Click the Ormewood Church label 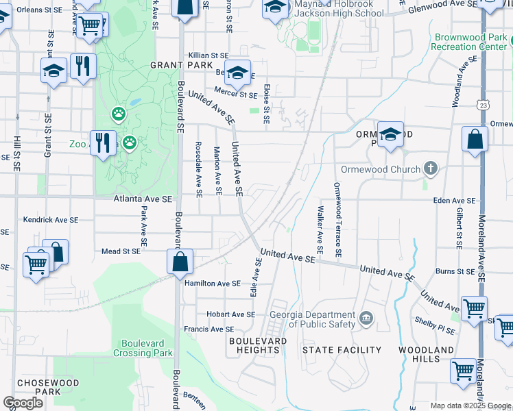(x=381, y=169)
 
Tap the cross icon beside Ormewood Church (x=430, y=169)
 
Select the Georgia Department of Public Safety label (x=313, y=319)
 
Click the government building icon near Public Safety (x=366, y=318)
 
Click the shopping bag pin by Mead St (x=180, y=260)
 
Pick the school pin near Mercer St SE (x=237, y=73)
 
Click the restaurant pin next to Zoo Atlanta (x=103, y=142)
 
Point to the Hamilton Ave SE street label (x=212, y=283)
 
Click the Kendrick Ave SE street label (x=51, y=221)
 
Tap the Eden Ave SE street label (x=453, y=201)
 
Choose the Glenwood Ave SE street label (x=442, y=7)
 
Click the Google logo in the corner (x=23, y=403)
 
